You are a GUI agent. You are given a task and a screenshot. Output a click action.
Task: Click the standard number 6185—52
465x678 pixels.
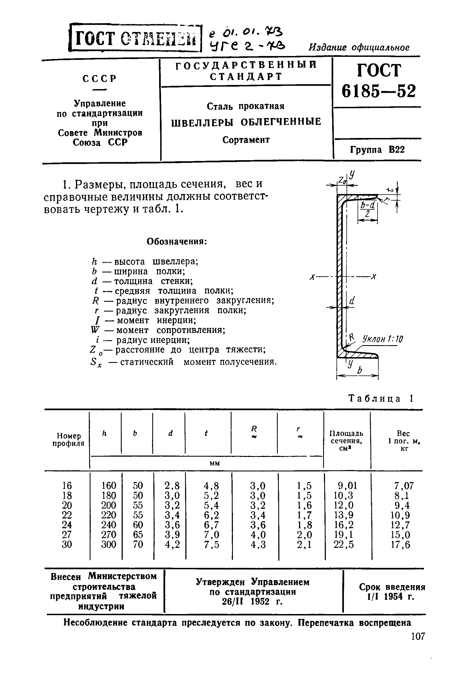coord(379,91)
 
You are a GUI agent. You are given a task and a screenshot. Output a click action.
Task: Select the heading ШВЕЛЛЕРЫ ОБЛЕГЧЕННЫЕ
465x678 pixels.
coord(246,122)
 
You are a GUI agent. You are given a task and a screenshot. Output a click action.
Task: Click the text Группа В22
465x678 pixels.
coord(377,150)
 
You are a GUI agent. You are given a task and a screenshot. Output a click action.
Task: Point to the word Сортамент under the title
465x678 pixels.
coord(246,140)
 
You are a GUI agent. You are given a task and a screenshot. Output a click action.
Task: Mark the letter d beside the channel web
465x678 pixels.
coord(352,301)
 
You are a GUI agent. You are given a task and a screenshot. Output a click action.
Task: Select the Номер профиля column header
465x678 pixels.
coord(68,440)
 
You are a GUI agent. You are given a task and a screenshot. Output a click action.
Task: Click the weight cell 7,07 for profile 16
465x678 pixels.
coord(404,486)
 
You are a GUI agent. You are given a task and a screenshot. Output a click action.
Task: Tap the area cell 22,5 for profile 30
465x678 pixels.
coord(344,544)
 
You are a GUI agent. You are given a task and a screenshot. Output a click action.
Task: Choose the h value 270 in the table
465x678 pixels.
coord(108,535)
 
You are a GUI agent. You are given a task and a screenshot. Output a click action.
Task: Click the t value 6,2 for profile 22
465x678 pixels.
coord(211,515)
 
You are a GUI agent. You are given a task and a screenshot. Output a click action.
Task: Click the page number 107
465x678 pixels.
coord(418,644)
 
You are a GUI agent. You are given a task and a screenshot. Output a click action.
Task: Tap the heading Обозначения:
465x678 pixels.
coord(177,242)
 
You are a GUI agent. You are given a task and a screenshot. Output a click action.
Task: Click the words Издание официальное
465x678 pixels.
coord(359,47)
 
